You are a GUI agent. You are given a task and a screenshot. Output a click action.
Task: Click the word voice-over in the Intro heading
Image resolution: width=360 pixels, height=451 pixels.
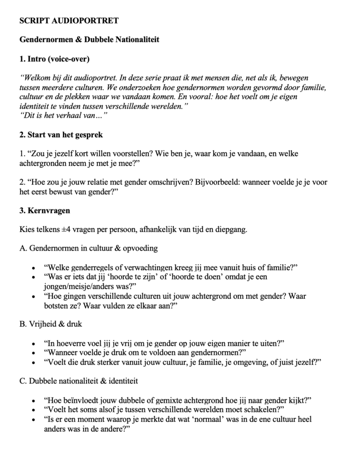[x=70, y=59]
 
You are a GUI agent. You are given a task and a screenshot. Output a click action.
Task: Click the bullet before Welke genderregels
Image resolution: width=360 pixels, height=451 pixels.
[x=33, y=268]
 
